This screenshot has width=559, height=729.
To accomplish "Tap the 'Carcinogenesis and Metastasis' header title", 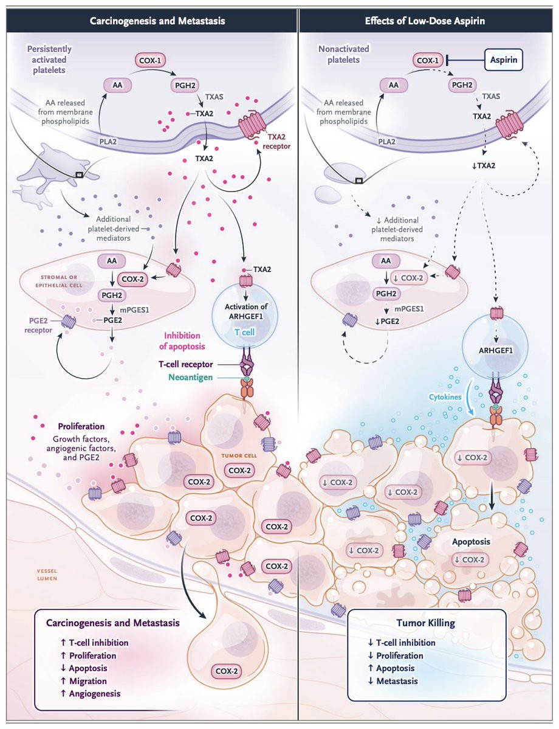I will (157, 21).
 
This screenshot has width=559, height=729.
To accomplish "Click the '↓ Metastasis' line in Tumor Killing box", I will (393, 680).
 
